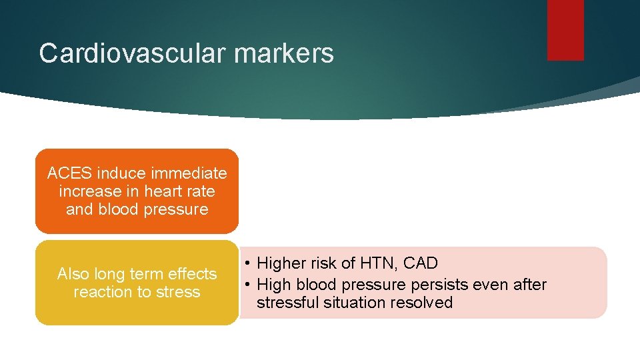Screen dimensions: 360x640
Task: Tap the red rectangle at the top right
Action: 565,30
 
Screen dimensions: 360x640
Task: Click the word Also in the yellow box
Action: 73,274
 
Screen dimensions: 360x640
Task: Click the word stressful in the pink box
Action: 284,303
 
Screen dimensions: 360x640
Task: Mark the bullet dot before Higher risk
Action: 247,263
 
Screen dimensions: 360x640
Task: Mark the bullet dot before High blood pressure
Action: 247,285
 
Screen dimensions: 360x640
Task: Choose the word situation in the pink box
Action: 351,303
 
